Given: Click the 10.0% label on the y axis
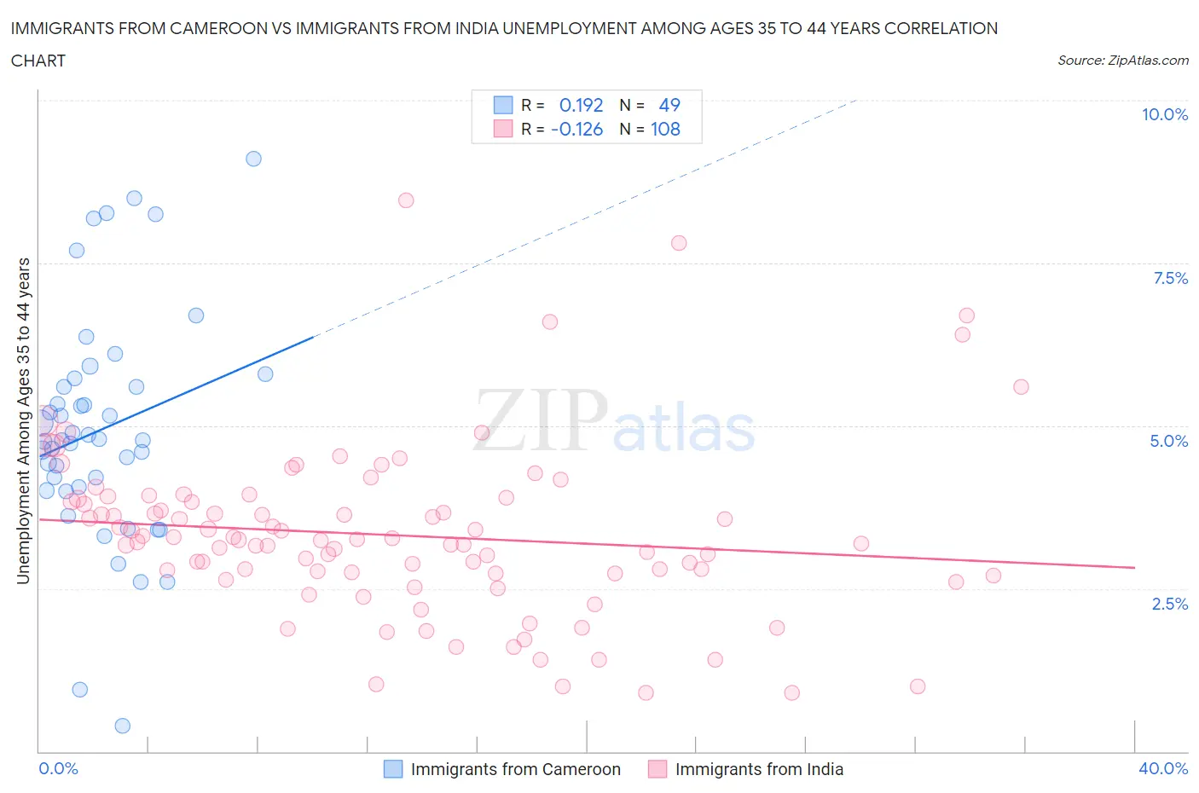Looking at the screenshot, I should point(1164,115).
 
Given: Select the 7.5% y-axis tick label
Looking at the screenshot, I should point(1169,278).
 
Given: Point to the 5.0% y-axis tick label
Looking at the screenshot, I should point(1168,441).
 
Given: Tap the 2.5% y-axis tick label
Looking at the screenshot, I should point(1169,604).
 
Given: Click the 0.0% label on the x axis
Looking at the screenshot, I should point(58,768).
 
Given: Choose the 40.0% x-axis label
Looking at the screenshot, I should point(1163,768).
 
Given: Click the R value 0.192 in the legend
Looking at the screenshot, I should point(581,105).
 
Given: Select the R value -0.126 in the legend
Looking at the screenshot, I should point(576,129).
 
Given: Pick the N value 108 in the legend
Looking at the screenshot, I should point(665,129).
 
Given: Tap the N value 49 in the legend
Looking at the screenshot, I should point(669,105).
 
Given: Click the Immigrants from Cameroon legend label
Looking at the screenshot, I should point(515,769).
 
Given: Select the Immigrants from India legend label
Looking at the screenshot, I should point(759,769).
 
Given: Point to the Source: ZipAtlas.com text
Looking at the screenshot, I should point(1122,60).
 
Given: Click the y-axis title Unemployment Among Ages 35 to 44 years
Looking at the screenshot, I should point(24,420).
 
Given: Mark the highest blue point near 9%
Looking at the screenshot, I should point(253,159).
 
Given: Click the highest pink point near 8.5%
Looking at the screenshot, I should point(406,200).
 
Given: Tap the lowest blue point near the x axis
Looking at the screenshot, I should point(122,726).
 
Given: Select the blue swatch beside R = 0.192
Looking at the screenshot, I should point(503,105).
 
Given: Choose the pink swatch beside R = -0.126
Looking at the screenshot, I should point(503,129).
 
